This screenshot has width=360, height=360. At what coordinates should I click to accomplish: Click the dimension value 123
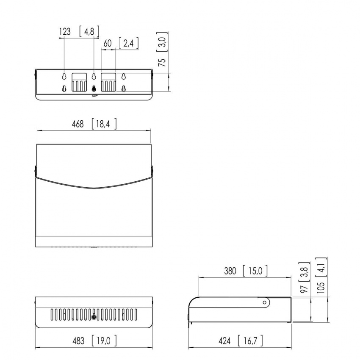tap(65, 31)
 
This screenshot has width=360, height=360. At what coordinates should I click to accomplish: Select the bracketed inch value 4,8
tap(89, 31)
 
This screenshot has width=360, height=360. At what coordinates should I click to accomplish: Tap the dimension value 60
tap(108, 43)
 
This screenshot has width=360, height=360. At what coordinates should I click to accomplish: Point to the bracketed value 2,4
tap(129, 43)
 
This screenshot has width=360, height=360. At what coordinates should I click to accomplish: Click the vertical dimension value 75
tap(161, 62)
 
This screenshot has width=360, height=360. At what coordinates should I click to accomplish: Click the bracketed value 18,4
tap(104, 124)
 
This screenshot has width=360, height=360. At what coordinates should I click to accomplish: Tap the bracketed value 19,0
tap(104, 340)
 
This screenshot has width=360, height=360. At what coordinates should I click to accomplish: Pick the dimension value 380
tap(231, 271)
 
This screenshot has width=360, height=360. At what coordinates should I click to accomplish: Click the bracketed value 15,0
tap(255, 271)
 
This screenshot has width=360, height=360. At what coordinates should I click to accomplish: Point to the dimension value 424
tap(225, 340)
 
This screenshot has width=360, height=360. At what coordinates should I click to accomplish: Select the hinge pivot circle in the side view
tap(265, 302)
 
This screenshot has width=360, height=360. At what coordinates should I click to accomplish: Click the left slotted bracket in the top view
tap(79, 82)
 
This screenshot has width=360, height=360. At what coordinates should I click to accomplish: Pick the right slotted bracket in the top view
tap(108, 82)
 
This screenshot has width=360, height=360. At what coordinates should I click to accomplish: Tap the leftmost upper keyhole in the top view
tap(64, 77)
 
